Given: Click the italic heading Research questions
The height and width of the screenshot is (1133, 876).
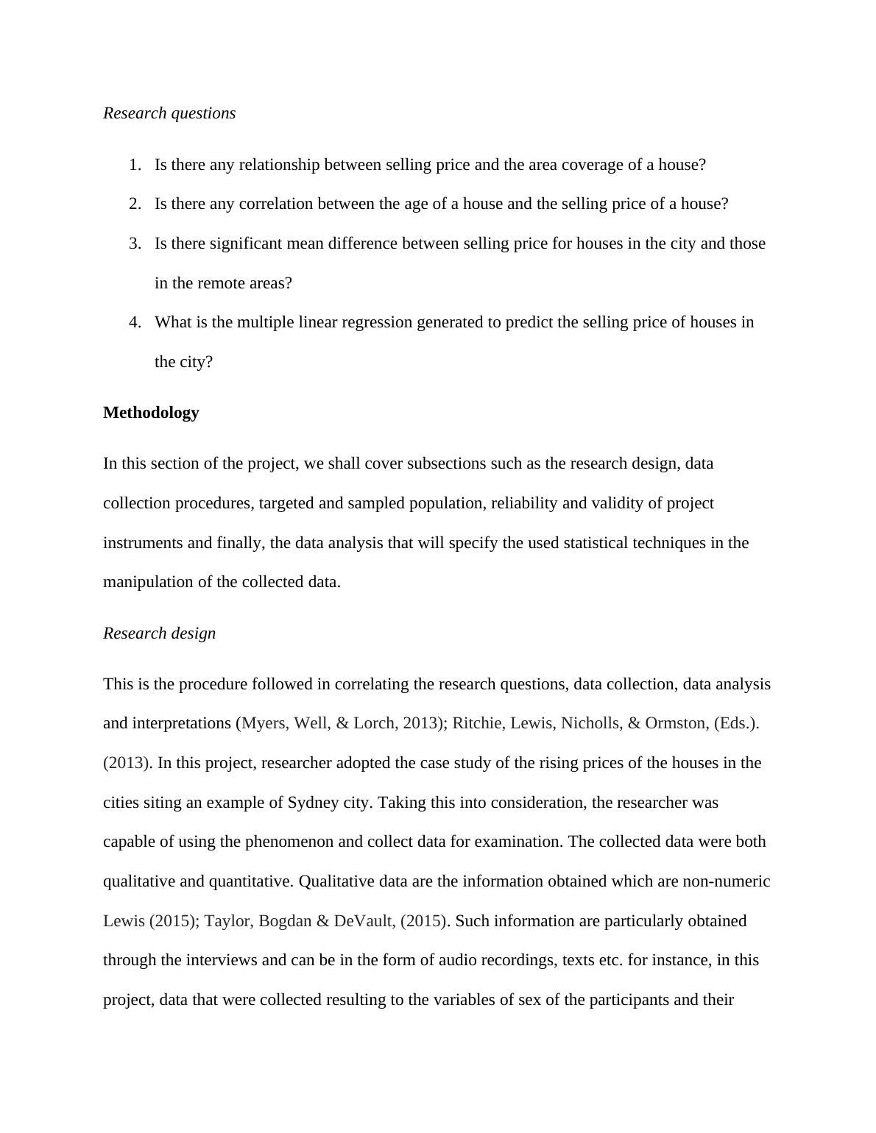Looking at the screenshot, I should (169, 113).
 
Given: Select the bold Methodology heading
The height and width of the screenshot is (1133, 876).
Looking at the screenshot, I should (151, 413).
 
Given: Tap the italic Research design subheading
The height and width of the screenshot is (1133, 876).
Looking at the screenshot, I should (159, 633).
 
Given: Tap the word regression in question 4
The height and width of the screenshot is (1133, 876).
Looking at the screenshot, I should (375, 322).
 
